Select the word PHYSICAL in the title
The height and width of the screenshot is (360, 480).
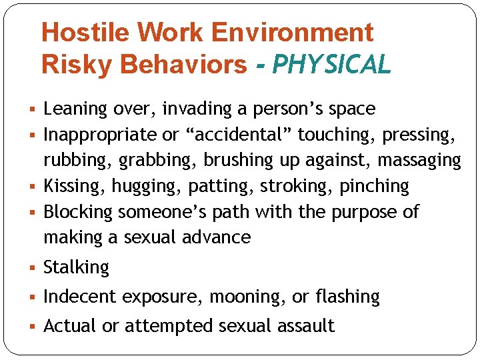pyautogui.click(x=332, y=65)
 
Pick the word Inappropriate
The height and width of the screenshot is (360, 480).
pyautogui.click(x=101, y=135)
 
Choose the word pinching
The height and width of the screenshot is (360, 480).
pyautogui.click(x=374, y=186)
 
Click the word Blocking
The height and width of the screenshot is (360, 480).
pyautogui.click(x=78, y=212)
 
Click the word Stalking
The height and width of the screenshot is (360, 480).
pyautogui.click(x=76, y=267)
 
